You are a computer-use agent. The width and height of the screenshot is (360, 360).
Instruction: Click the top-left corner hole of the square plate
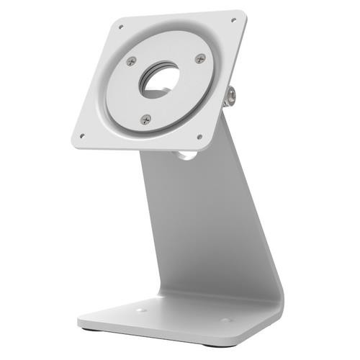[x=120, y=27]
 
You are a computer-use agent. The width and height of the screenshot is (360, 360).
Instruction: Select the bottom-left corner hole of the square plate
[x=82, y=135]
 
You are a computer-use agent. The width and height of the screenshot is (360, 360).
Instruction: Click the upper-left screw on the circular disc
[x=131, y=61]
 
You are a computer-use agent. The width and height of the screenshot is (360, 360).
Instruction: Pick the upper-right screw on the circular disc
[x=200, y=58]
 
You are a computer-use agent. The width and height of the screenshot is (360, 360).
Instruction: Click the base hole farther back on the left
[x=141, y=310]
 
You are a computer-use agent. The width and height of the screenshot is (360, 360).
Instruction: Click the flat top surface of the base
[x=180, y=320]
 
